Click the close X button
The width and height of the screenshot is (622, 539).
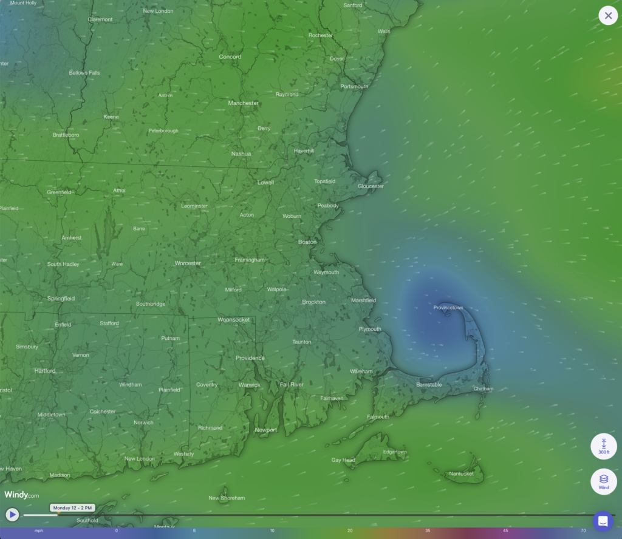point(608,16)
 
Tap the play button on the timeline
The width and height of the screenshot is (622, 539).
point(12,515)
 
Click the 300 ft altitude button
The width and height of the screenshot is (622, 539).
point(604,446)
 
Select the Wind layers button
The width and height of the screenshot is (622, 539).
point(604,481)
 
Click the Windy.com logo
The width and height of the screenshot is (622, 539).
point(22,495)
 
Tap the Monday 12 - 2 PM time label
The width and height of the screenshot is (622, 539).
point(72,507)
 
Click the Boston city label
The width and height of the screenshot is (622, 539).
point(307,242)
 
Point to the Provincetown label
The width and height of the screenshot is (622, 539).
point(448,308)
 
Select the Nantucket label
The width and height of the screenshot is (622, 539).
point(461,473)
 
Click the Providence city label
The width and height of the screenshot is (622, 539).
point(250,358)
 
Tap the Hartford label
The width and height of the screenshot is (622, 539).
point(45,371)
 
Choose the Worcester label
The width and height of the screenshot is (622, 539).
point(188,263)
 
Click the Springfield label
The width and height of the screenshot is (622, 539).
point(61,299)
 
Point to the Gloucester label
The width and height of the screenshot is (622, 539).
point(371,186)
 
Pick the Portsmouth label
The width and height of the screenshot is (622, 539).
point(354,87)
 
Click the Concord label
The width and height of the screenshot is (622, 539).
point(230,57)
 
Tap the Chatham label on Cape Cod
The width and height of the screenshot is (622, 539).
point(483,389)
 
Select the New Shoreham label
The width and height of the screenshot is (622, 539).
point(227,498)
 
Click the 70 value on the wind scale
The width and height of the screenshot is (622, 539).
point(583,531)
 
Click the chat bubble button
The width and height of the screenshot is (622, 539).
point(603,521)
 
